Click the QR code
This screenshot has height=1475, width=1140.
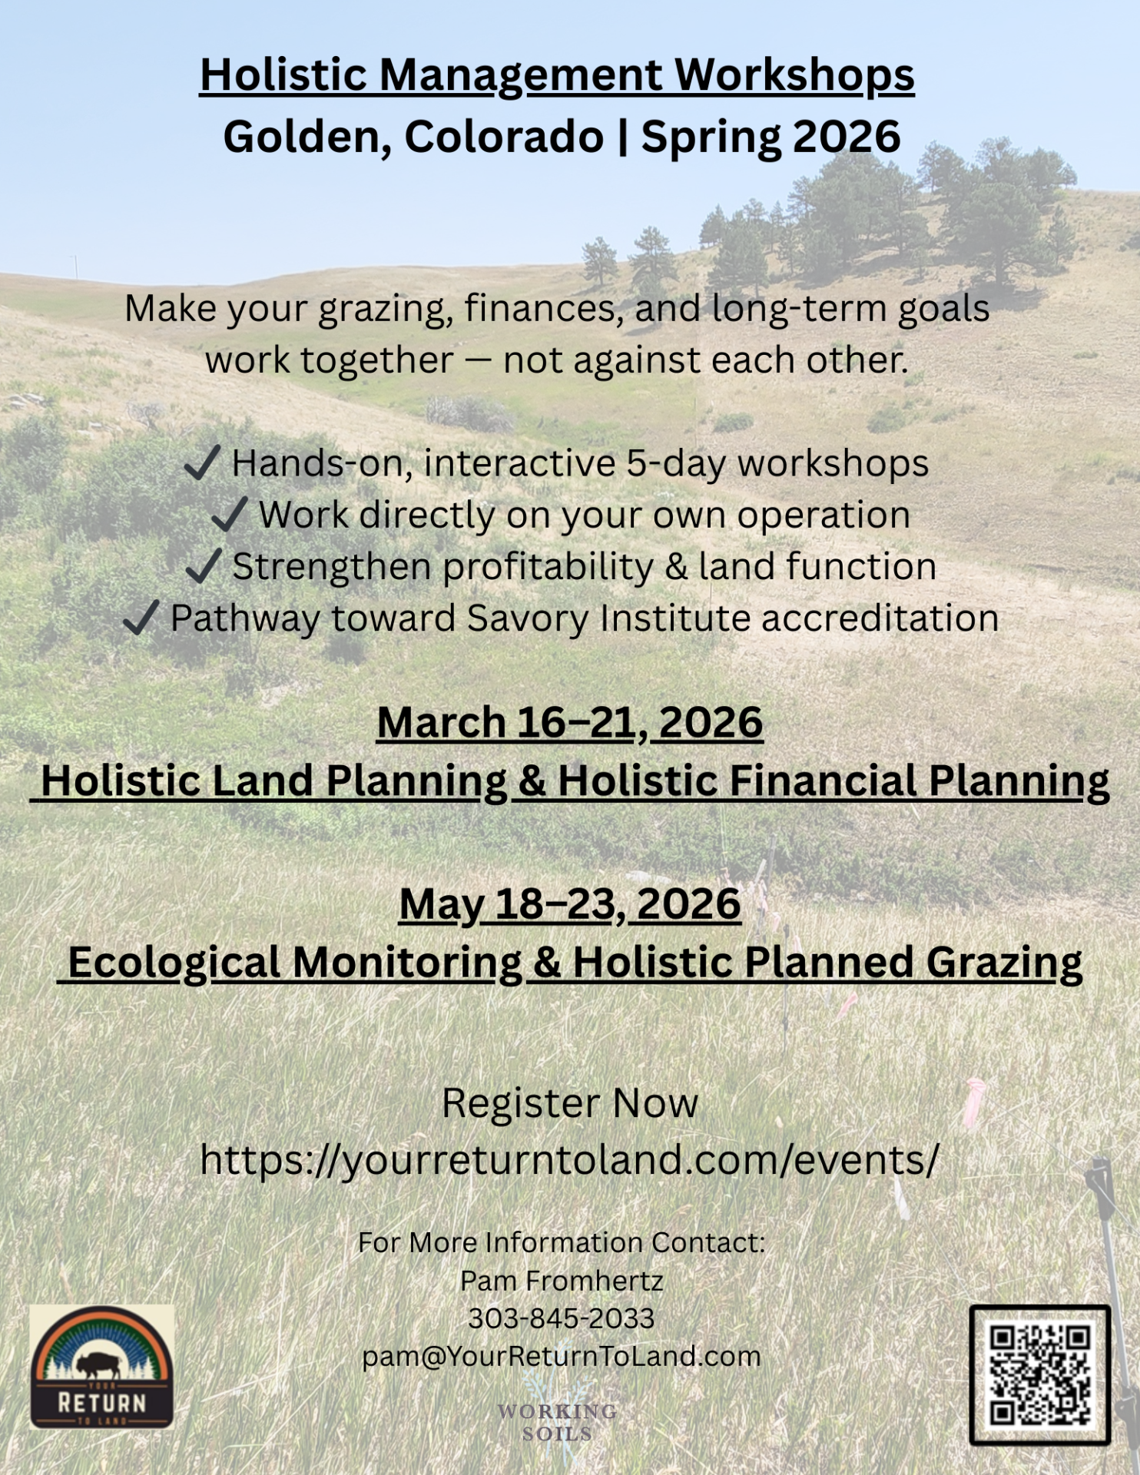click(1039, 1374)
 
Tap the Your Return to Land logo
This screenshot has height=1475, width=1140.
click(102, 1366)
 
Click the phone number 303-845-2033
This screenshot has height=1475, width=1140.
click(562, 1318)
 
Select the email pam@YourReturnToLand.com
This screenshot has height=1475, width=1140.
click(562, 1357)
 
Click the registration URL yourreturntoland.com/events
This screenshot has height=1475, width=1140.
click(569, 1159)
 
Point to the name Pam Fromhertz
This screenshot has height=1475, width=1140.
click(562, 1281)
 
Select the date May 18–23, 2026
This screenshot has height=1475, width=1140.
click(570, 904)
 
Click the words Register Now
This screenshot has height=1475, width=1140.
click(570, 1103)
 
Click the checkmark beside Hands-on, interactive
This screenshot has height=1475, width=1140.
click(204, 463)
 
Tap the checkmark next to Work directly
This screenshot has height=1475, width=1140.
click(230, 514)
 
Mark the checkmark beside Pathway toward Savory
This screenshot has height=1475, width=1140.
click(141, 618)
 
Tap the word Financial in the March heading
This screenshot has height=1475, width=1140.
click(822, 781)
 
